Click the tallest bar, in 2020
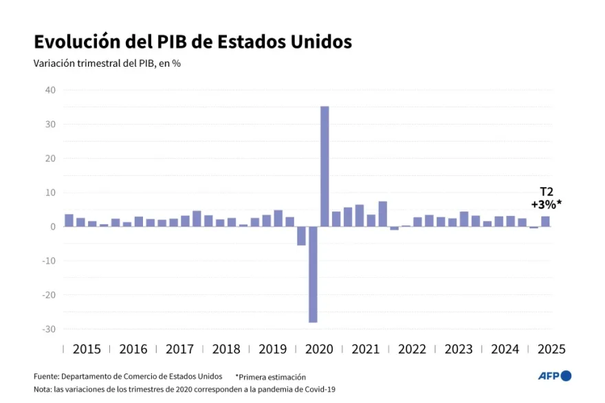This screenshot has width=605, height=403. click(324, 166)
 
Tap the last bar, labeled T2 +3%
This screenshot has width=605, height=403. click(545, 221)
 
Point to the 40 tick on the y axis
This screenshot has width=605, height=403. click(50, 90)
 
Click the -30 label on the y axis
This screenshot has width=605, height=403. click(49, 329)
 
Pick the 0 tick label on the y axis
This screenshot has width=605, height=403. click(52, 227)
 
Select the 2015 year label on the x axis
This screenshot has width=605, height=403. click(87, 349)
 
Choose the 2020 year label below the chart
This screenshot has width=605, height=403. click(319, 349)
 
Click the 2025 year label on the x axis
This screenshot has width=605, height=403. click(551, 349)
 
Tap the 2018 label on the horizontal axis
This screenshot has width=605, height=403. click(226, 349)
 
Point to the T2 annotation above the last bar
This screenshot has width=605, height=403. click(546, 192)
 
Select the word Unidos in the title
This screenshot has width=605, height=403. click(320, 42)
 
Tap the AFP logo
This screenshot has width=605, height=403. click(554, 375)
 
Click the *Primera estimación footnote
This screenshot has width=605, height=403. click(270, 377)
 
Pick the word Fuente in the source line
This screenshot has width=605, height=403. click(46, 377)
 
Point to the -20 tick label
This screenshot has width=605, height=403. click(49, 295)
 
